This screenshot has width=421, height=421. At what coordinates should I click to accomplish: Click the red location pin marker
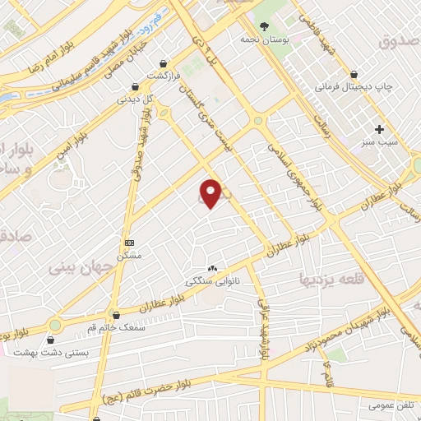[211, 192]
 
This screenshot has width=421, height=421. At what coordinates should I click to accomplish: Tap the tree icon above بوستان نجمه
[264, 26]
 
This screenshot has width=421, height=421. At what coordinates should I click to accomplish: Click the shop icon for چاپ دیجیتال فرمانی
[354, 73]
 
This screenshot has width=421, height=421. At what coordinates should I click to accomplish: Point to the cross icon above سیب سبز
[379, 129]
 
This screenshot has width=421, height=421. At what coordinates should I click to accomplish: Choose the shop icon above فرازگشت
[164, 62]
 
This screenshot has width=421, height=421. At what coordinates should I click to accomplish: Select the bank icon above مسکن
[129, 243]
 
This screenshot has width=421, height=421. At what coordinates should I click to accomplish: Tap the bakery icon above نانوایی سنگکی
[213, 268]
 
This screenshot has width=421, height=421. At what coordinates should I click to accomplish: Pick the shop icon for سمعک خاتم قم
[115, 314]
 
